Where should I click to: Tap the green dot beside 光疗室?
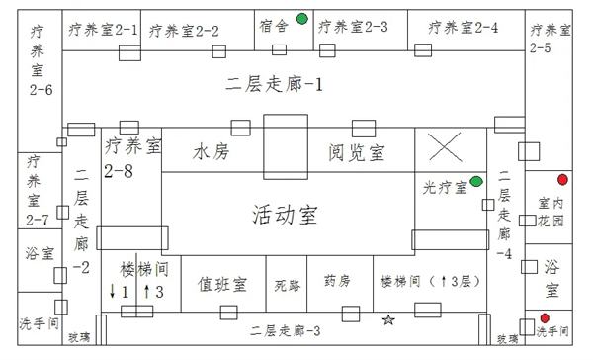pos(476,181)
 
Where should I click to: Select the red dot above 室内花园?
pos(562,179)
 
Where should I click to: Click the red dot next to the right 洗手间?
pos(544,317)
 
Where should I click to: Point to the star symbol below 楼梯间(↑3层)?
pos(388,319)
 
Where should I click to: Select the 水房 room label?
pos(211,152)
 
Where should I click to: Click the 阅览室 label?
pos(357,152)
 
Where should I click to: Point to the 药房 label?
pos(337,282)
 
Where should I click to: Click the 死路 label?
pos(287,285)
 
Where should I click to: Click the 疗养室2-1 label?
pos(103,31)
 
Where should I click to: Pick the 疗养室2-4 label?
pos(464,28)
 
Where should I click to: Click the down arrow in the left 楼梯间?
pos(114,291)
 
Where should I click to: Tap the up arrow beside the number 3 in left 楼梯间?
pos(145,291)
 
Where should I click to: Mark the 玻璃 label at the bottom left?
pos(78,338)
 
